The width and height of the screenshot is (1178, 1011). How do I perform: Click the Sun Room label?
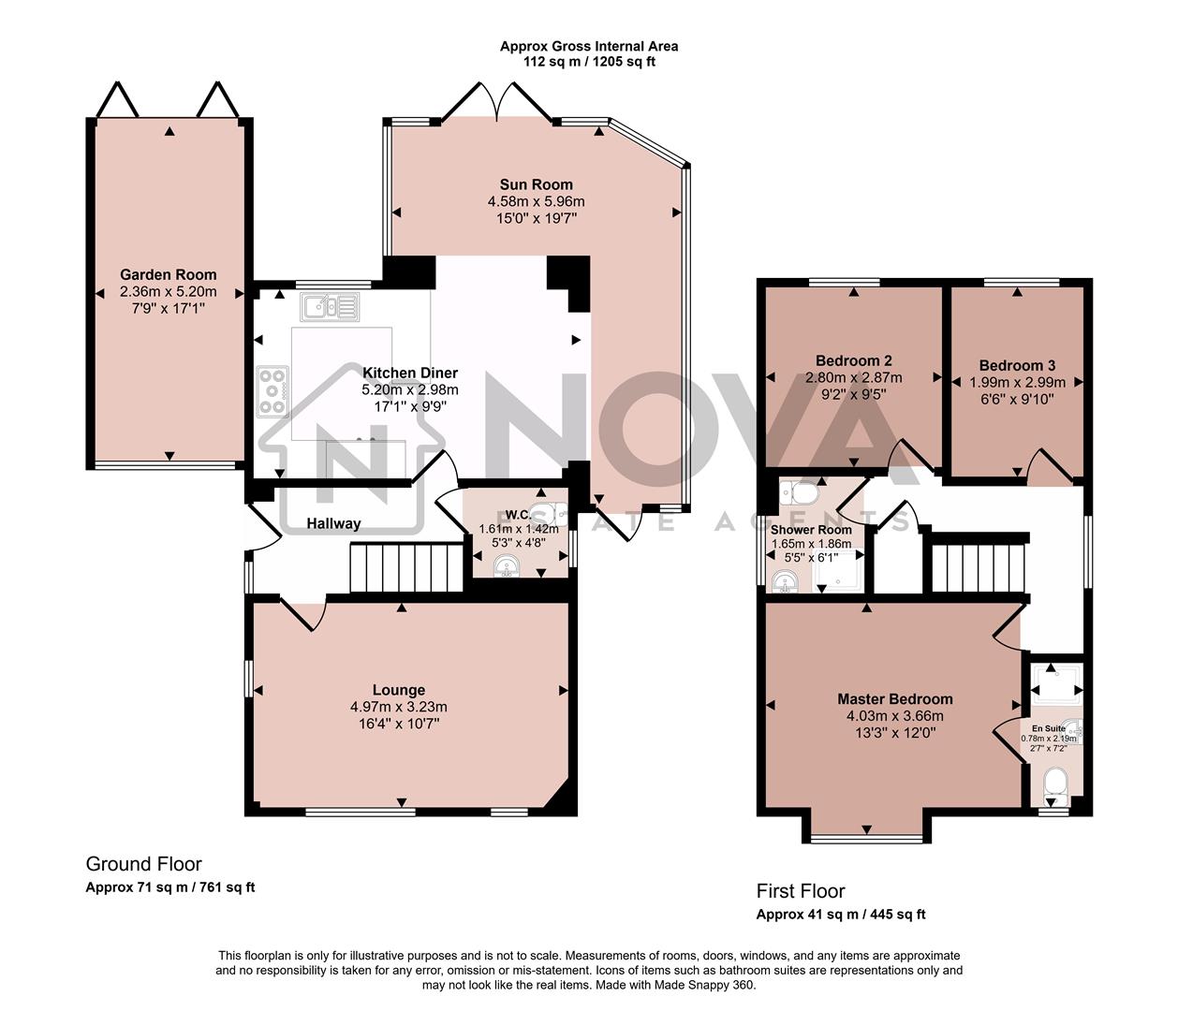[536, 184]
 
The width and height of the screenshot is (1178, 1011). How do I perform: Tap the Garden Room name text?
[169, 274]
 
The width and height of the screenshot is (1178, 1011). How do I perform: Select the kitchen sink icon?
[329, 306]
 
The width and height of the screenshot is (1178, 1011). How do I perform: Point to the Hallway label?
[333, 523]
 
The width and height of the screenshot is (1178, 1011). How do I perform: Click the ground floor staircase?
[407, 569]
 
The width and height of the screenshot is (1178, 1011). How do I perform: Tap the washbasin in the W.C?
[507, 566]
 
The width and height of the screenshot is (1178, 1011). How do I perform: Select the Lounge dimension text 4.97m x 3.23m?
[399, 707]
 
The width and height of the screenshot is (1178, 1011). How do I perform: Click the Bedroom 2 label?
[853, 360]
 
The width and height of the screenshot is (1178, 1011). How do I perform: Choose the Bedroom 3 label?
[1017, 365]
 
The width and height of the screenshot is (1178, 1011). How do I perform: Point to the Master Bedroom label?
[894, 699]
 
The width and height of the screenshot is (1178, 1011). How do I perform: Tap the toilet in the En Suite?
[1054, 783]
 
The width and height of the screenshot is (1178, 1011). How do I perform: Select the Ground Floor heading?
[143, 864]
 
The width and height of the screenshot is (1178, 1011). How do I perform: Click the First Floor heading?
[801, 891]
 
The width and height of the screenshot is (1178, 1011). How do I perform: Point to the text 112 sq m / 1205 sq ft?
[589, 62]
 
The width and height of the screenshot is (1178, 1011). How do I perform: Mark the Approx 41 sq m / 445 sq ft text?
[841, 915]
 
